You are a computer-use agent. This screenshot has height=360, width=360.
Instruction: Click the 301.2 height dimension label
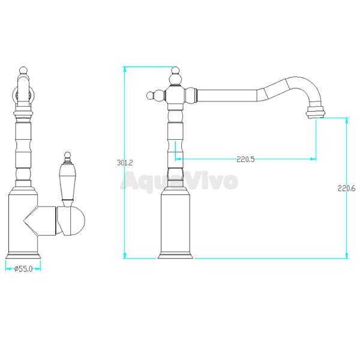tap(125, 163)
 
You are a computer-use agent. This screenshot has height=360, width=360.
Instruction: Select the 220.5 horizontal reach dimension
tap(245, 159)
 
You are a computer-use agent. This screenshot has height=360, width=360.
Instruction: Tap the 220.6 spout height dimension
tap(346, 188)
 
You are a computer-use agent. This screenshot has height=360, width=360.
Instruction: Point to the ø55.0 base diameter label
tap(23, 269)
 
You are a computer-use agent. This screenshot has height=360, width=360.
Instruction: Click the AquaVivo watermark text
tap(179, 181)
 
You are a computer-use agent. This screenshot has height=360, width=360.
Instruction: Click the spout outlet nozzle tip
tap(316, 114)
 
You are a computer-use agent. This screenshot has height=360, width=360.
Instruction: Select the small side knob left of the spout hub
tap(152, 95)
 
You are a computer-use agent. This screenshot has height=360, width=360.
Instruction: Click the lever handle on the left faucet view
tap(67, 181)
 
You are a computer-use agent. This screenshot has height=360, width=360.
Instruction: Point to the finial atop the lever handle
tap(67, 157)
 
